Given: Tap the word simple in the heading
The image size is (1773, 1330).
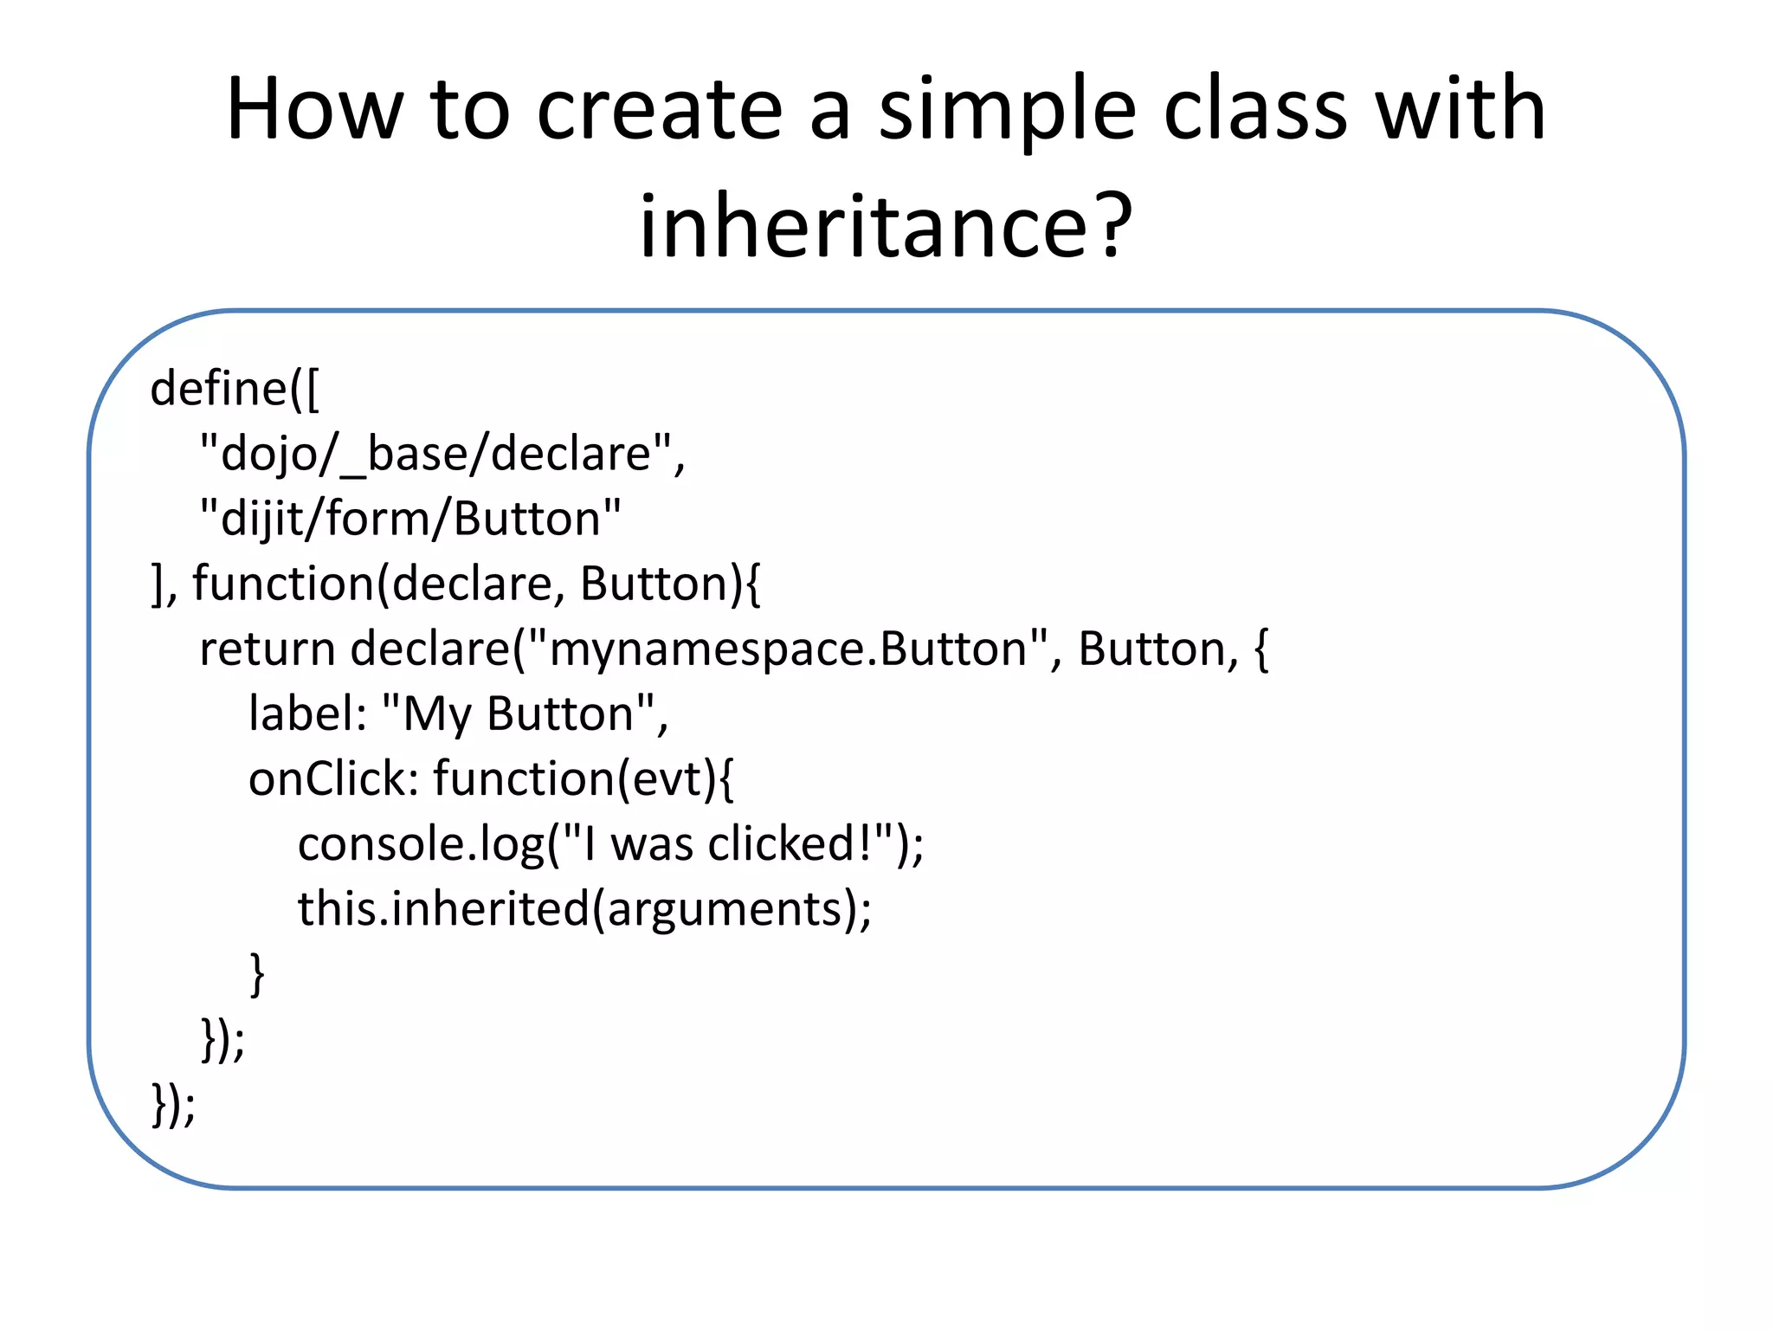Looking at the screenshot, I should [x=1007, y=110].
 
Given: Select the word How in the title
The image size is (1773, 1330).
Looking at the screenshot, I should [x=314, y=110].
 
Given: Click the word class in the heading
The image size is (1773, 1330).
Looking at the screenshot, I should [x=1255, y=110].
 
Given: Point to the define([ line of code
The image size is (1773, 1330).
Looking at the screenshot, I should [x=235, y=389].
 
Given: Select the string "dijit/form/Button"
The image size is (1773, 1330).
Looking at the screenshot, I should [x=410, y=519].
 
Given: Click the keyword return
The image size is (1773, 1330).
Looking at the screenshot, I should [x=267, y=649].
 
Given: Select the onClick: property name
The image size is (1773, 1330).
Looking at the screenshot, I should [x=333, y=778].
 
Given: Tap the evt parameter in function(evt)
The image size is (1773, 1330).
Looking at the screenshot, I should [x=667, y=778].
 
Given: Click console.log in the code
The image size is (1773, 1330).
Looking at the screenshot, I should [x=422, y=844].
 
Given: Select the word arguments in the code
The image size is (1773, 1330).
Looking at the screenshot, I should [x=725, y=909].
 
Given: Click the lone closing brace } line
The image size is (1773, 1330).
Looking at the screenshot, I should [x=256, y=974].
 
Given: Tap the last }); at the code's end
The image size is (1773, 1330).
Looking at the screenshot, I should [x=174, y=1105].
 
